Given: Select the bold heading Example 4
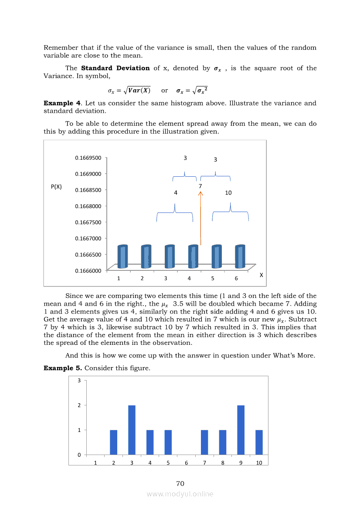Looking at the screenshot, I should pyautogui.click(x=62, y=103).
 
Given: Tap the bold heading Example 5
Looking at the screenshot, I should pyautogui.click(x=63, y=368).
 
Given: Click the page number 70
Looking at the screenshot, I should pyautogui.click(x=180, y=484).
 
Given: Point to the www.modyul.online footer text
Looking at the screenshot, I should pyautogui.click(x=180, y=494).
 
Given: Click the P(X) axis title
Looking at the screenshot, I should pyautogui.click(x=56, y=187).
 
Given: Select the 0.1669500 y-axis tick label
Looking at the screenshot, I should pyautogui.click(x=88, y=158).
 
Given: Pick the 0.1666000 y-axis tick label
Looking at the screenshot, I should pyautogui.click(x=88, y=271).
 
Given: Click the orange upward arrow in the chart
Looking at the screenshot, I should pyautogui.click(x=200, y=218).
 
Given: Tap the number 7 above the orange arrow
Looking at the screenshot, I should pyautogui.click(x=200, y=186).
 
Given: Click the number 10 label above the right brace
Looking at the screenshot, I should pyautogui.click(x=228, y=192).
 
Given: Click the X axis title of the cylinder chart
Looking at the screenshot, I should pyautogui.click(x=261, y=275).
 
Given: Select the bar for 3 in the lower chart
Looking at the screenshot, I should pyautogui.click(x=132, y=430).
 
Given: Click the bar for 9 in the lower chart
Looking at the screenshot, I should pyautogui.click(x=241, y=430).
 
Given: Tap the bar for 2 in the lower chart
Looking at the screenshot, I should pyautogui.click(x=113, y=442).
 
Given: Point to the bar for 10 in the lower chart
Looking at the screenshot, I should pyautogui.click(x=259, y=442).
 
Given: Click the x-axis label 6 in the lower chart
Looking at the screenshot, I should pyautogui.click(x=186, y=463).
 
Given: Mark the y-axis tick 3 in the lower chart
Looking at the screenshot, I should pyautogui.click(x=79, y=381).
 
